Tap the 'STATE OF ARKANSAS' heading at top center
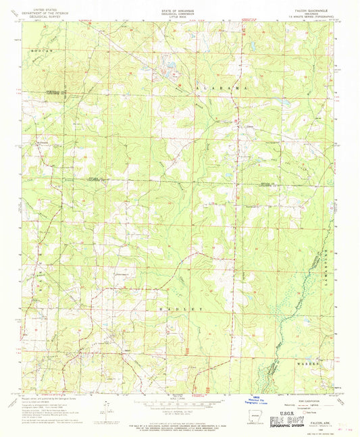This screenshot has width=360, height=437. click(179, 5)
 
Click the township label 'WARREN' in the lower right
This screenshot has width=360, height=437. click(305, 361)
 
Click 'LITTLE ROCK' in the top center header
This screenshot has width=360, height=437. click(179, 13)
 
